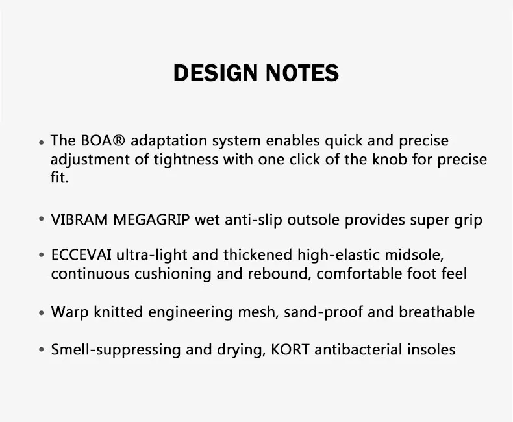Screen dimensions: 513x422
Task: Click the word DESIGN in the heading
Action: click(x=216, y=73)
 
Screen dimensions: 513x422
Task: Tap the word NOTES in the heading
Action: click(x=302, y=73)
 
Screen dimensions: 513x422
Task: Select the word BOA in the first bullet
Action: click(x=97, y=141)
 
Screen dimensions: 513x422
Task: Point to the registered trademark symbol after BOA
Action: click(x=119, y=140)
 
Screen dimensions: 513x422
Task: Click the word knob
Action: click(x=390, y=159)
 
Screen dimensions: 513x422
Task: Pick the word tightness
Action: click(x=186, y=160)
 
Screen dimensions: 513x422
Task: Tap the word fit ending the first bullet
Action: click(x=58, y=177)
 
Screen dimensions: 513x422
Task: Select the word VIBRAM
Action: click(x=79, y=219)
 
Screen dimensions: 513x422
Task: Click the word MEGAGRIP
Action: click(x=151, y=219)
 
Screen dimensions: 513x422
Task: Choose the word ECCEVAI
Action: click(x=81, y=255)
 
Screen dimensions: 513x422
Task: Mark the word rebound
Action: click(x=277, y=273)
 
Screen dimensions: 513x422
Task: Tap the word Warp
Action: click(x=69, y=312)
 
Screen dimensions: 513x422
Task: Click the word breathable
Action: click(x=437, y=312)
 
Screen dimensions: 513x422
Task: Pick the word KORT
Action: click(x=290, y=349)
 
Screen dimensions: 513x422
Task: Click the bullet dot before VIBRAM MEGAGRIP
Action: click(x=41, y=219)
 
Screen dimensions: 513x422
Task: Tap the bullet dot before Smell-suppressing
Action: click(x=41, y=350)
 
